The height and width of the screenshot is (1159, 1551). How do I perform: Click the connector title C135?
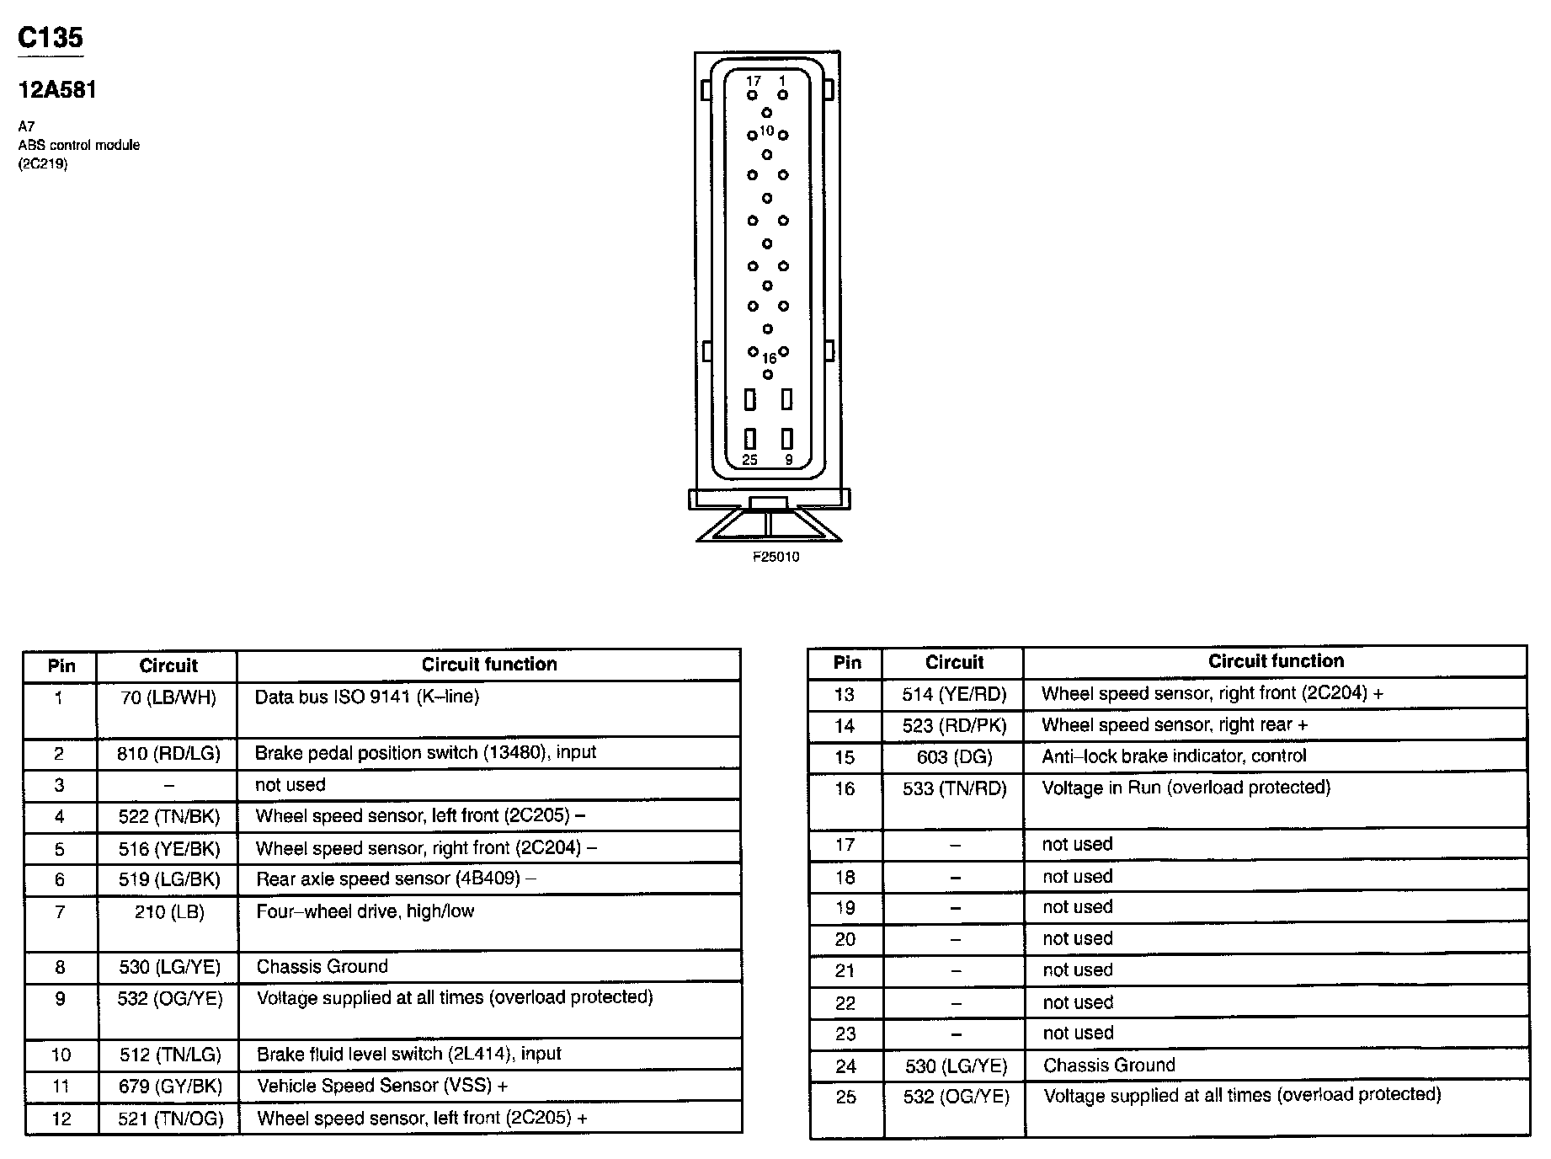pos(51,38)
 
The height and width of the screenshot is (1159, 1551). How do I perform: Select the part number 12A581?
pos(57,90)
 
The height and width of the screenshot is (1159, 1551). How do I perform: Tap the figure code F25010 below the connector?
pos(775,557)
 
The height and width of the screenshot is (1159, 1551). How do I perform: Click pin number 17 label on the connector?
pos(753,81)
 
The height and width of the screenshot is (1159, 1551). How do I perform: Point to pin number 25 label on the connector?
pos(749,460)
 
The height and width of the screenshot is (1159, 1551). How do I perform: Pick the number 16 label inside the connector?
pos(769,359)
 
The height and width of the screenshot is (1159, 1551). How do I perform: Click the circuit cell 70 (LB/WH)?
pos(168,697)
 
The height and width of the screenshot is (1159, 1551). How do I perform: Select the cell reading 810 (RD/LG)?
pos(168,753)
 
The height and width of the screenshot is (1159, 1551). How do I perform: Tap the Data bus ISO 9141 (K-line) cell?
pos(367,697)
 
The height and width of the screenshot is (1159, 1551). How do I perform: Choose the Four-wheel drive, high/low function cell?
pos(365,911)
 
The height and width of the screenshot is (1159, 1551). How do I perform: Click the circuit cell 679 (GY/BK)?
pos(170,1086)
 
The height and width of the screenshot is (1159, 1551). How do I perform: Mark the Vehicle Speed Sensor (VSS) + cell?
pos(382,1086)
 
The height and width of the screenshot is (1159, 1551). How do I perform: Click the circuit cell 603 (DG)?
pos(954,757)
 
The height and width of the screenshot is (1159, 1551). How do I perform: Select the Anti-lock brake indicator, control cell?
pos(1174,756)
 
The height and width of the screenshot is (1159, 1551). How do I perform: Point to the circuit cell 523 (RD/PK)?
pos(954,725)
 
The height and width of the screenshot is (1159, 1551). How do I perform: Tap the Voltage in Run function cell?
pos(1186,788)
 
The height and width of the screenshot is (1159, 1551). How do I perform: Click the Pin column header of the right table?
pos(847,662)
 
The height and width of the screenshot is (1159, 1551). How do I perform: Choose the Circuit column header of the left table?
pos(168,665)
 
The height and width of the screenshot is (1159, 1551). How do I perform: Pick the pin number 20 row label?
pos(845,939)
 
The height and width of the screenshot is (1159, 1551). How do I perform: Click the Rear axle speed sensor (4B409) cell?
pos(397,879)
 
